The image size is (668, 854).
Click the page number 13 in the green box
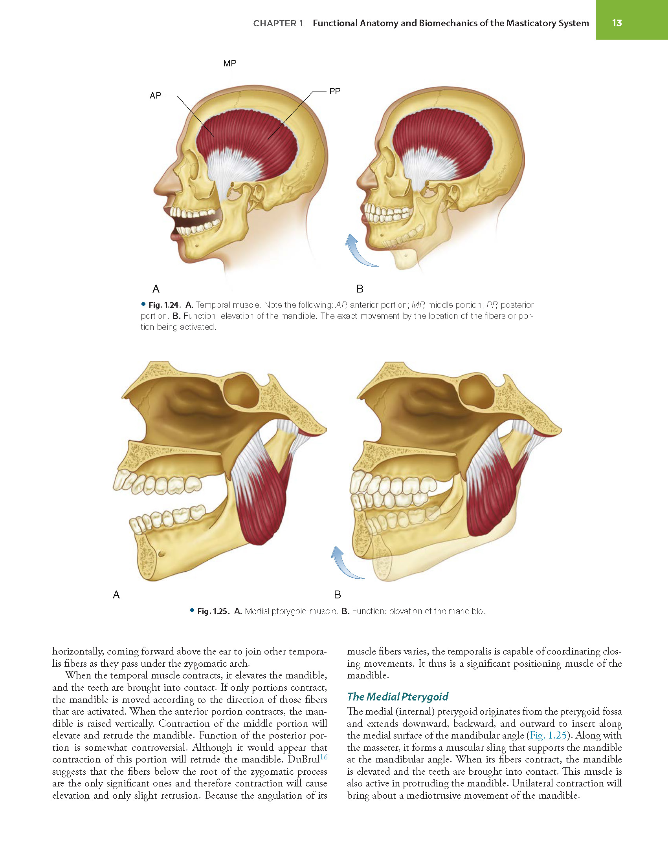tap(617, 23)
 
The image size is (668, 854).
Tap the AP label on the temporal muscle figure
tap(156, 95)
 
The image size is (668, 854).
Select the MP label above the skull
tap(230, 63)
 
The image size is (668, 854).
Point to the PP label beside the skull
tap(335, 91)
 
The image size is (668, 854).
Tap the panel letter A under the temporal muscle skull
tap(156, 289)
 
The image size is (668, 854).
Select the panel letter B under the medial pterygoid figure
tap(338, 595)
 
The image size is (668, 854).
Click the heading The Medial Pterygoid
tap(398, 697)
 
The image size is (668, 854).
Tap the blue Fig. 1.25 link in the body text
tap(548, 735)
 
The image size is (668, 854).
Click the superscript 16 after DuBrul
tap(323, 757)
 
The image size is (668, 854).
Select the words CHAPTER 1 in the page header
tap(278, 24)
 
